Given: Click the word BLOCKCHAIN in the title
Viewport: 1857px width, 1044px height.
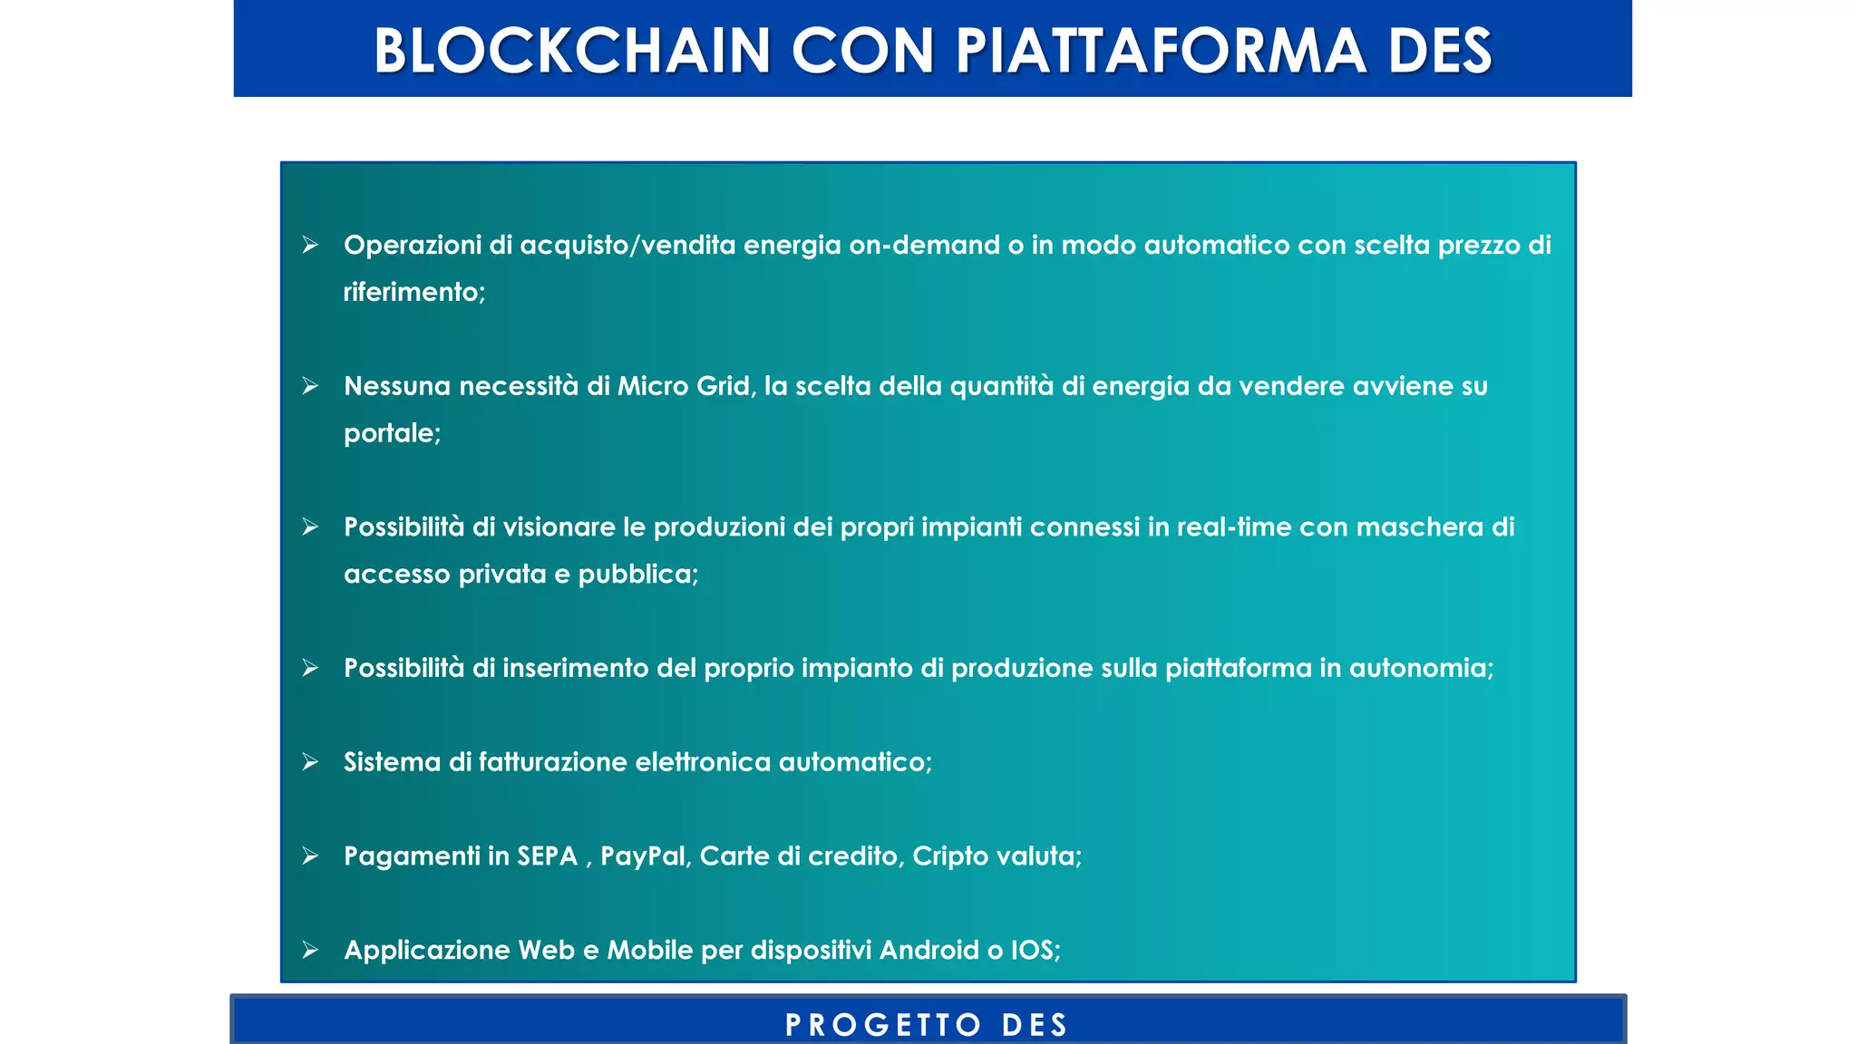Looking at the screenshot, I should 572,50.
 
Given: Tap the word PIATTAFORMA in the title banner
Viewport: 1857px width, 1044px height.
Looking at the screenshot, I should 1160,50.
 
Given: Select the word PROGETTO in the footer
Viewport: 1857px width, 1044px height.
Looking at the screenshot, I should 883,1025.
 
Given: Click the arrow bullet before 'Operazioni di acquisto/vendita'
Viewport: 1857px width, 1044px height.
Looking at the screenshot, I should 310,245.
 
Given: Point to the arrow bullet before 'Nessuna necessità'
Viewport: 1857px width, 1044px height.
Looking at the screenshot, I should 310,386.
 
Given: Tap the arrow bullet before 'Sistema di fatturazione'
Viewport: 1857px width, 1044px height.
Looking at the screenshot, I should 310,762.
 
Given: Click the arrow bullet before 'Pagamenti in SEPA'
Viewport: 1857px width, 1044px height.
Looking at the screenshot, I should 310,856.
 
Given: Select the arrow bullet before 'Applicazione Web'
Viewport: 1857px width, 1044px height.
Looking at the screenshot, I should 310,950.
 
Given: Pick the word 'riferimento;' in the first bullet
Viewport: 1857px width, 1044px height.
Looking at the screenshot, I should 414,292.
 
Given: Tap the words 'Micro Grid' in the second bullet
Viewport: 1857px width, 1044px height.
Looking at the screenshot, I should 685,386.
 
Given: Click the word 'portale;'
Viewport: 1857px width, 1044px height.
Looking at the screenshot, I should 392,433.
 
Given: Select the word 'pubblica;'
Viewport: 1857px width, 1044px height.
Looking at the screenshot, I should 638,575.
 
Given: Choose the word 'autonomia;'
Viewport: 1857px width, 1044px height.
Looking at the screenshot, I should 1421,668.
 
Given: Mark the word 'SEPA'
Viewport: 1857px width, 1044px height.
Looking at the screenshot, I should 547,856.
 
